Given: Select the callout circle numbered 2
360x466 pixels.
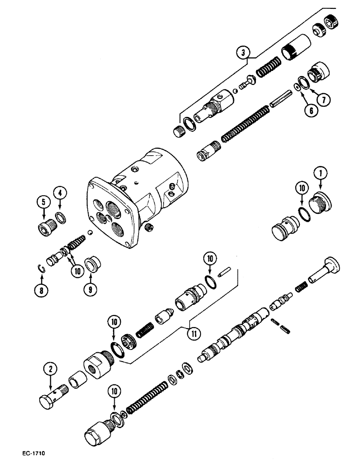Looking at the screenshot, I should click(52, 370).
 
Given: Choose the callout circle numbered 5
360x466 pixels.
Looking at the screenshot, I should click(42, 202).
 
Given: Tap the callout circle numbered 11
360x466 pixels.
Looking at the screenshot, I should click(191, 332).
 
